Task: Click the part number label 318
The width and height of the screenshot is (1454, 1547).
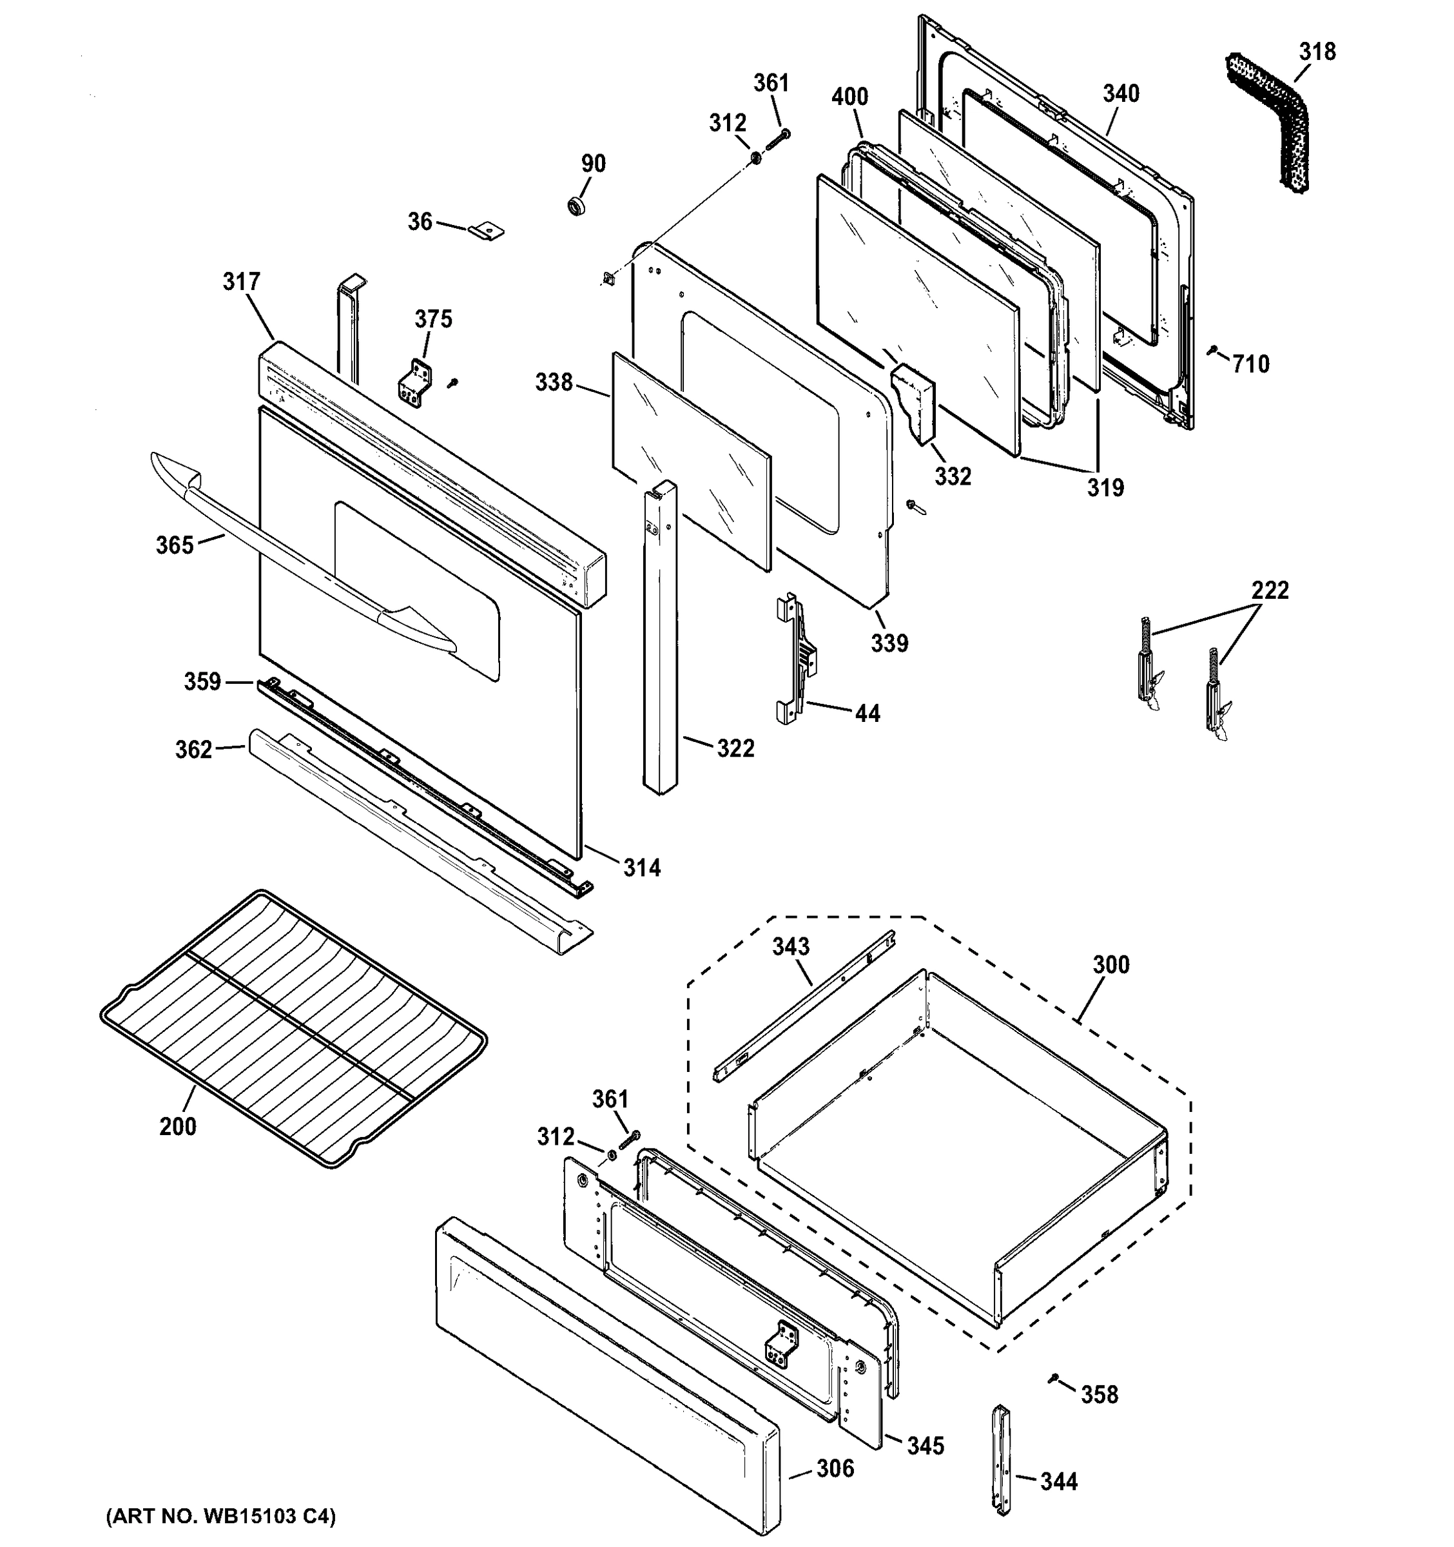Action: point(1317,52)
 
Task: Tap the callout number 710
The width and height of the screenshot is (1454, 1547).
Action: point(1250,364)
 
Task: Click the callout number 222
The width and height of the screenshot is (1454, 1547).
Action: point(1270,590)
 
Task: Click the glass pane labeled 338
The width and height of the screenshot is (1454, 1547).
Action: point(692,461)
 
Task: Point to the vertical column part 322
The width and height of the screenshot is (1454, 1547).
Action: point(661,638)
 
